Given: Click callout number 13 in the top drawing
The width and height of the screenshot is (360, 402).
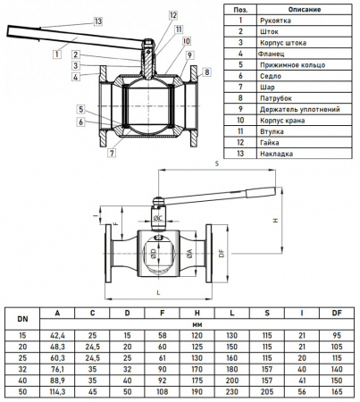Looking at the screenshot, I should click(x=97, y=21).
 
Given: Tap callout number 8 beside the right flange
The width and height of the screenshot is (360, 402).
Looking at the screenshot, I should click(x=206, y=71).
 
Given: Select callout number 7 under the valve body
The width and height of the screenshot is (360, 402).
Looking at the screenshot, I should click(x=111, y=154).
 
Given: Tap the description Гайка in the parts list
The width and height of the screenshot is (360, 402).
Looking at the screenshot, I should click(x=270, y=141).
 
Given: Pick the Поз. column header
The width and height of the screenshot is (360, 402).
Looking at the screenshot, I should click(x=240, y=9).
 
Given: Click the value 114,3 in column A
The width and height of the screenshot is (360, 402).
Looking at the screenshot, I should click(x=57, y=390).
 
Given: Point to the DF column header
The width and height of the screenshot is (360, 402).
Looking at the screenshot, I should click(x=336, y=314).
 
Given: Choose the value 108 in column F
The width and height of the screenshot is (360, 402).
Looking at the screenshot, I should click(x=163, y=390).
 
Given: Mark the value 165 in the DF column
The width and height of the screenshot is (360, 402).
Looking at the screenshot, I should click(x=336, y=390).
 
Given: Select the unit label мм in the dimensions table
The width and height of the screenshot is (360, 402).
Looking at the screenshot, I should click(x=196, y=322).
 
